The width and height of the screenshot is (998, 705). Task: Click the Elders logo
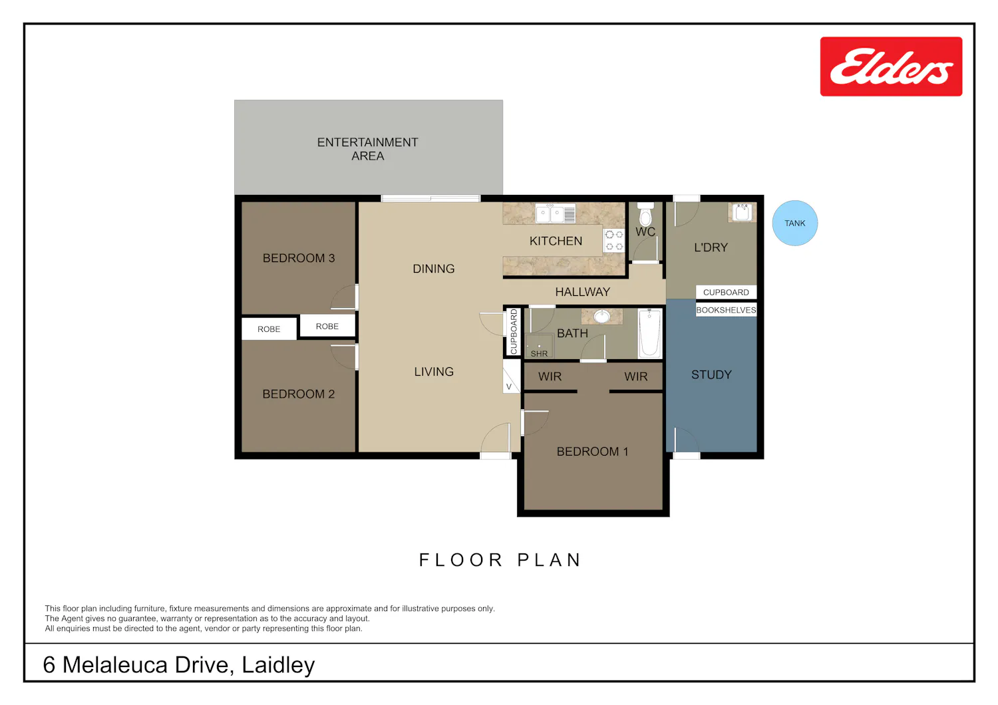click(891, 67)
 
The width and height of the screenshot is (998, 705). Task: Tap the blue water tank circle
click(795, 223)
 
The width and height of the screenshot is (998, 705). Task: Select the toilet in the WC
click(645, 214)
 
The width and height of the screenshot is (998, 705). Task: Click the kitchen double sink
click(556, 213)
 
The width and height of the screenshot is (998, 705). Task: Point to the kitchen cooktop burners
click(614, 241)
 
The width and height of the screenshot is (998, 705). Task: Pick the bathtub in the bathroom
click(649, 333)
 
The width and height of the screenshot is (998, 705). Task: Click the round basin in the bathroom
click(602, 317)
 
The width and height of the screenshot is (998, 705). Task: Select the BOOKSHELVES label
click(726, 310)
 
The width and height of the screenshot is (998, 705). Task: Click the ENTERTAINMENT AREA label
click(367, 149)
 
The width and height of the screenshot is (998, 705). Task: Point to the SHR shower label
click(539, 354)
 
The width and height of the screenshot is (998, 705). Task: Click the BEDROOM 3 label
click(299, 258)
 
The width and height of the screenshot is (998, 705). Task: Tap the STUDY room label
click(711, 375)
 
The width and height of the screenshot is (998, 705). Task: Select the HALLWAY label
click(583, 292)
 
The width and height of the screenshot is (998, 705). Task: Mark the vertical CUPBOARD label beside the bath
click(514, 332)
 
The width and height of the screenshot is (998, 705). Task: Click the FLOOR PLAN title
click(500, 560)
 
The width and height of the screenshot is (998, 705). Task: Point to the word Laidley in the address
click(278, 665)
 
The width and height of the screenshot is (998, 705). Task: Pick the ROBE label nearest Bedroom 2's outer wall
click(269, 329)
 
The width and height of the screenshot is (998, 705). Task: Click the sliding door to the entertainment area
click(430, 198)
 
